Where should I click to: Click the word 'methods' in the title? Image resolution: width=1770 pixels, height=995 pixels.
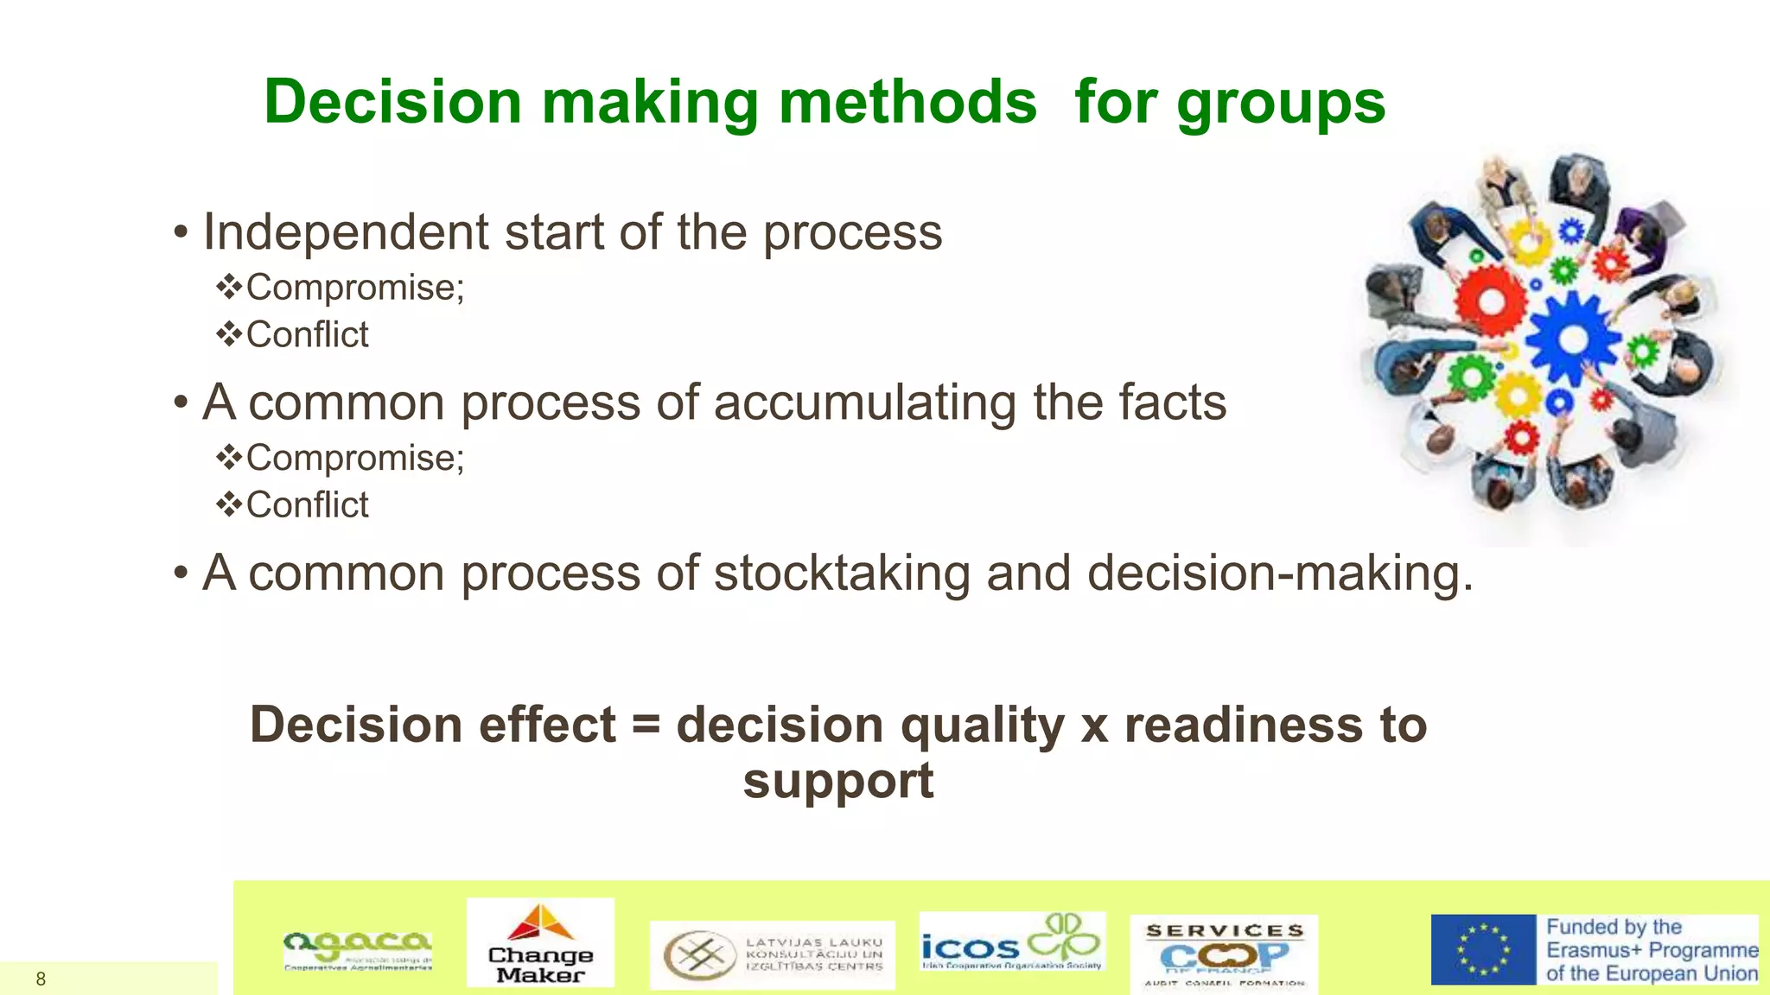pos(907,102)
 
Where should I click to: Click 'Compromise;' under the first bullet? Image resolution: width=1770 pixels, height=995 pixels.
pos(354,288)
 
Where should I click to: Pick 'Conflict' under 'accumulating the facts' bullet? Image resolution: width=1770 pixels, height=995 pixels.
pos(307,505)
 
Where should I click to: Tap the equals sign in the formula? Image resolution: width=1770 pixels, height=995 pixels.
pos(646,724)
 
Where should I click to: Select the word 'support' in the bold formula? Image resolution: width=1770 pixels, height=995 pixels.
pos(837,782)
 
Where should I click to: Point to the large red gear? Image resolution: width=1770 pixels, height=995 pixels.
pos(1491,301)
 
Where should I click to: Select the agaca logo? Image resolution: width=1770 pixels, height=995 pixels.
pos(357,950)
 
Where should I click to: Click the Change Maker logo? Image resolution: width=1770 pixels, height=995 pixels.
pos(540,942)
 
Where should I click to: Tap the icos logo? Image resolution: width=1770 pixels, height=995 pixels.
pos(1011,942)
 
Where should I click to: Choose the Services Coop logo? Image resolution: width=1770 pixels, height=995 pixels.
pos(1224,954)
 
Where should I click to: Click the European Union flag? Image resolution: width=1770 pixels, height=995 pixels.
pos(1483,950)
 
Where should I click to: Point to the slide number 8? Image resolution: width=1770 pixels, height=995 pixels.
pos(41,979)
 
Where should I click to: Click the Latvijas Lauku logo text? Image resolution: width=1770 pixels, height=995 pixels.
pos(813,954)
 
